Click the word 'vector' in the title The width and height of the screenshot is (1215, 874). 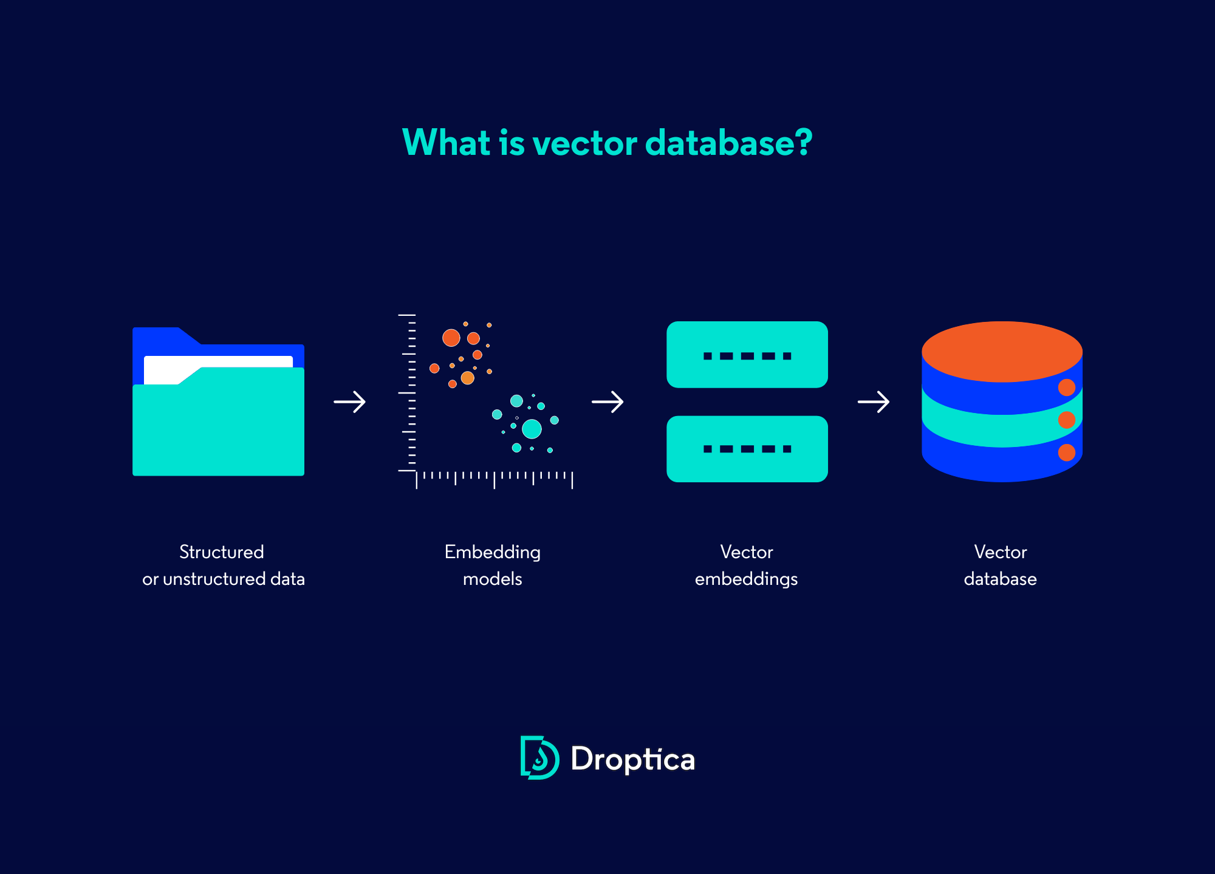(x=584, y=143)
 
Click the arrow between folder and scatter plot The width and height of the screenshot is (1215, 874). (x=350, y=401)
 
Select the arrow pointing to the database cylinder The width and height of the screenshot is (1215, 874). (x=874, y=401)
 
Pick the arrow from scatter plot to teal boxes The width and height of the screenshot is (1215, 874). (x=607, y=401)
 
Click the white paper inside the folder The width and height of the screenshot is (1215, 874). (x=219, y=363)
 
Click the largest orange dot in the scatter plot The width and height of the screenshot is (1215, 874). (x=451, y=338)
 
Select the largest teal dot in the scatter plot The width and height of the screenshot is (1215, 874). (x=532, y=429)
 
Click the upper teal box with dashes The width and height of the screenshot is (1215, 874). (x=747, y=355)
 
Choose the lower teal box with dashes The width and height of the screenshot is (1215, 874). (x=747, y=449)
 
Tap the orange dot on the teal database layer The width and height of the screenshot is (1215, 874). (x=1066, y=420)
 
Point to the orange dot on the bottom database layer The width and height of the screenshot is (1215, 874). (x=1066, y=452)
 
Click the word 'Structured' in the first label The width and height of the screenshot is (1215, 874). (x=221, y=552)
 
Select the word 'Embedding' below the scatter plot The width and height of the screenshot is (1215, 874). (x=492, y=552)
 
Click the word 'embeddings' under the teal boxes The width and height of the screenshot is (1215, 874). (x=746, y=579)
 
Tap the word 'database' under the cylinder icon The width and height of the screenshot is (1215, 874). (x=1000, y=579)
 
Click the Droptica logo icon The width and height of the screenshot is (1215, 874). (x=539, y=757)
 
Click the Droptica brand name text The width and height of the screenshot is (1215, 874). (x=632, y=759)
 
